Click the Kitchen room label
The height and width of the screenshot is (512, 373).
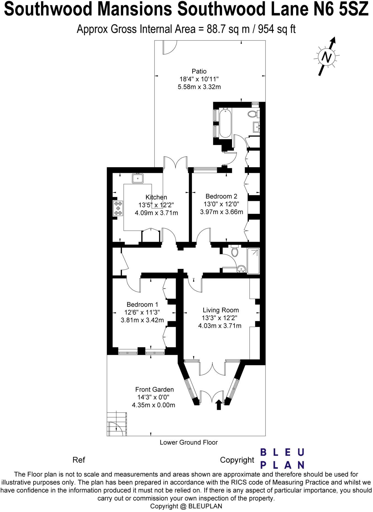[x=156, y=197]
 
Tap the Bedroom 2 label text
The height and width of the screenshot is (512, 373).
[x=221, y=196]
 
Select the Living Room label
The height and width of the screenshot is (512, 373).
[x=220, y=310]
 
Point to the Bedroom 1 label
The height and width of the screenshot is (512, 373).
[x=142, y=305]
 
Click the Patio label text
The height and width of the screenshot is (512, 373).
[x=199, y=71]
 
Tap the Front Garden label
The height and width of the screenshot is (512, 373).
[x=154, y=390]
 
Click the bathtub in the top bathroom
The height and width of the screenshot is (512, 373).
[x=225, y=123]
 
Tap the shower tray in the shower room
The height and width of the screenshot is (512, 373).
[x=253, y=261]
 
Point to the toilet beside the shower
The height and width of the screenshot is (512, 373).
[x=235, y=251]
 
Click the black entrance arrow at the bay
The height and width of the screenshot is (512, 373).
[x=219, y=405]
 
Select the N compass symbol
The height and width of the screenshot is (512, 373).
[x=327, y=57]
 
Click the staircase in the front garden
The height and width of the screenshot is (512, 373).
[x=116, y=424]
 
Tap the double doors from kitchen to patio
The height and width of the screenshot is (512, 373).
[x=175, y=163]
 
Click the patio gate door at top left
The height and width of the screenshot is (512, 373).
[x=169, y=47]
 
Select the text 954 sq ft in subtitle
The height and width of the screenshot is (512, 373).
[x=276, y=29]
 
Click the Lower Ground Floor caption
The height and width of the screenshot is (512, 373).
[x=189, y=442]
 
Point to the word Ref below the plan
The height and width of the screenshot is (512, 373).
[x=79, y=460]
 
